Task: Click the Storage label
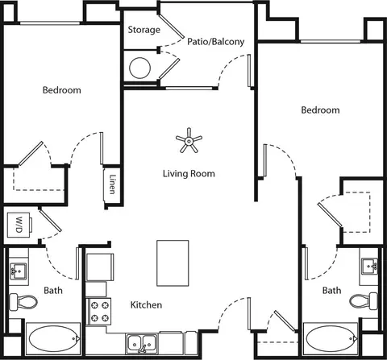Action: coord(144,30)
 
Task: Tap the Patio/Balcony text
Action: coord(216,42)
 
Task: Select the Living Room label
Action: coord(189,173)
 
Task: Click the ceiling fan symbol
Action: coord(189,140)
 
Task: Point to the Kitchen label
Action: coord(146,304)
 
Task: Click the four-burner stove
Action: coord(98,312)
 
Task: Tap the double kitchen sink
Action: coord(142,342)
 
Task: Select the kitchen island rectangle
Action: coord(173,263)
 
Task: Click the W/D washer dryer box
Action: coord(19,225)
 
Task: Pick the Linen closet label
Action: coord(113,184)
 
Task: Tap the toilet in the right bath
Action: coord(364,300)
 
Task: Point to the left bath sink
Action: coord(18,271)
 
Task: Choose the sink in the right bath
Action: coord(369,267)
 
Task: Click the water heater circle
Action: coord(139,68)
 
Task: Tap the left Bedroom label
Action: coord(62,90)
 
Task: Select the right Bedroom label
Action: coord(320,110)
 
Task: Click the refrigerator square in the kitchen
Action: coord(99,267)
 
